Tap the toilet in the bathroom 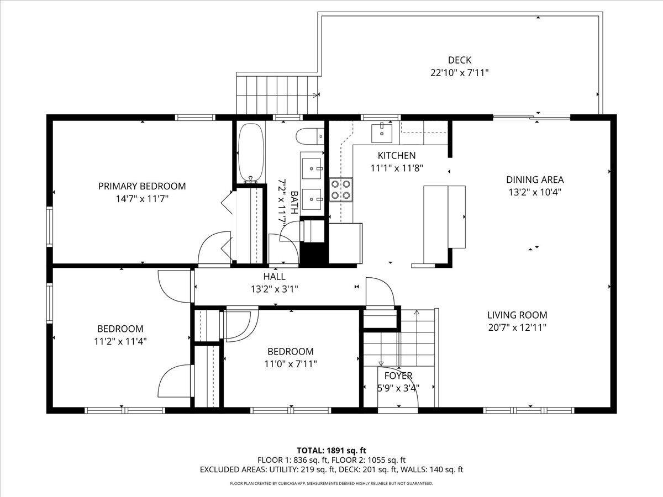coord(310,136)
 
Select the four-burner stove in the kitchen coord(341,189)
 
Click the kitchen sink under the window coord(382,133)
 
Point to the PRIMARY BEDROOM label coord(142,186)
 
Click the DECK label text coord(460,60)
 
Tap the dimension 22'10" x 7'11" coord(460,73)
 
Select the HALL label coord(274,277)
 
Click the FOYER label coord(398,376)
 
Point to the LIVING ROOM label coord(517,315)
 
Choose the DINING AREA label coord(535,180)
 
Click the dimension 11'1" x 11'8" coord(397,168)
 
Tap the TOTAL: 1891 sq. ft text coord(331,451)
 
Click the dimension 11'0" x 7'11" coord(291,364)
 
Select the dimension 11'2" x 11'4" coord(120,341)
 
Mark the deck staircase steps coord(277,95)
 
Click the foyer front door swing coord(398,387)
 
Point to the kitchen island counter coord(444,225)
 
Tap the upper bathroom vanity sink coord(312,168)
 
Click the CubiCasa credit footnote coord(331,483)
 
